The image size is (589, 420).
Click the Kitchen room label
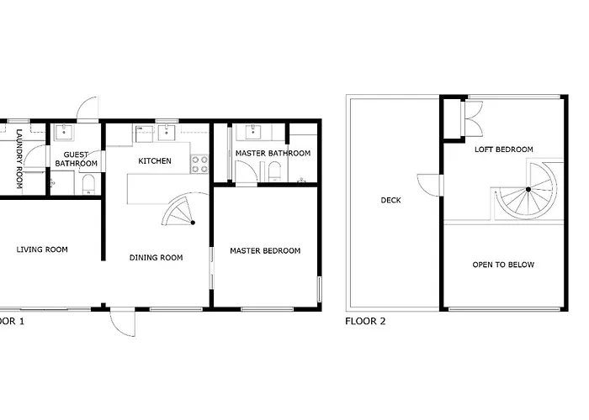[155, 161]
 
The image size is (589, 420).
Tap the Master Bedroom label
[265, 251]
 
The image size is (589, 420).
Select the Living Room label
[42, 249]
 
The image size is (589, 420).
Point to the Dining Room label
[157, 258]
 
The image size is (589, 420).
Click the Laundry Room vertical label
[19, 159]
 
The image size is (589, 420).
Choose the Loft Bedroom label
[504, 150]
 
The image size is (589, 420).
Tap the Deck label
[390, 200]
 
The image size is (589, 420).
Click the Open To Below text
[503, 265]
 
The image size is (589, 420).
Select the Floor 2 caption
[365, 322]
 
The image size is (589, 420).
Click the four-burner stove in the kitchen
[200, 165]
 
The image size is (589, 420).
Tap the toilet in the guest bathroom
[88, 185]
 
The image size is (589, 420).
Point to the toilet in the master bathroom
[274, 172]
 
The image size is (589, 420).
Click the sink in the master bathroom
[254, 132]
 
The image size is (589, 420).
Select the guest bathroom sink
[64, 133]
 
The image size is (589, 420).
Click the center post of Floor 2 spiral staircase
[528, 189]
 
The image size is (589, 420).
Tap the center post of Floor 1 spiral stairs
[193, 223]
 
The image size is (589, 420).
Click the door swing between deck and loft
[428, 186]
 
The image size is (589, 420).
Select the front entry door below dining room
[123, 323]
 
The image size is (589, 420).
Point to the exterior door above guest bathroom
[88, 108]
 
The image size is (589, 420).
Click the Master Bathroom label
[273, 154]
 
